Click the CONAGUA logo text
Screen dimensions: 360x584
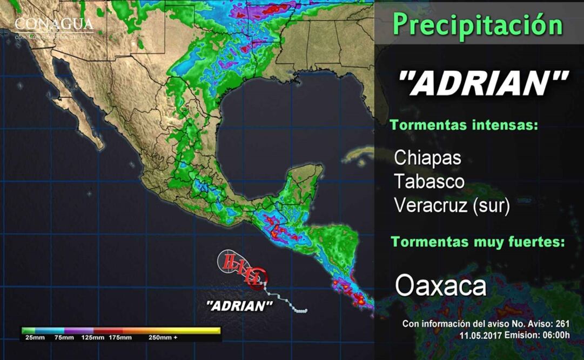tap(53, 25)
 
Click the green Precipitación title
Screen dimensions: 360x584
tap(478, 24)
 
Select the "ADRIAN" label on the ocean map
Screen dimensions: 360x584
tap(239, 306)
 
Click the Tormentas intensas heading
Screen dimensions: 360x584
tap(464, 125)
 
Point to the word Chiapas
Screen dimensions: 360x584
tap(427, 158)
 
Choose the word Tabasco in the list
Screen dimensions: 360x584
tap(429, 182)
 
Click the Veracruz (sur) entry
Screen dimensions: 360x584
tap(452, 206)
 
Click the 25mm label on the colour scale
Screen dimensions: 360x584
tap(33, 338)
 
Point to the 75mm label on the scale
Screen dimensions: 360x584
tap(64, 338)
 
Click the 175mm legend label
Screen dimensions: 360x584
tap(120, 338)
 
